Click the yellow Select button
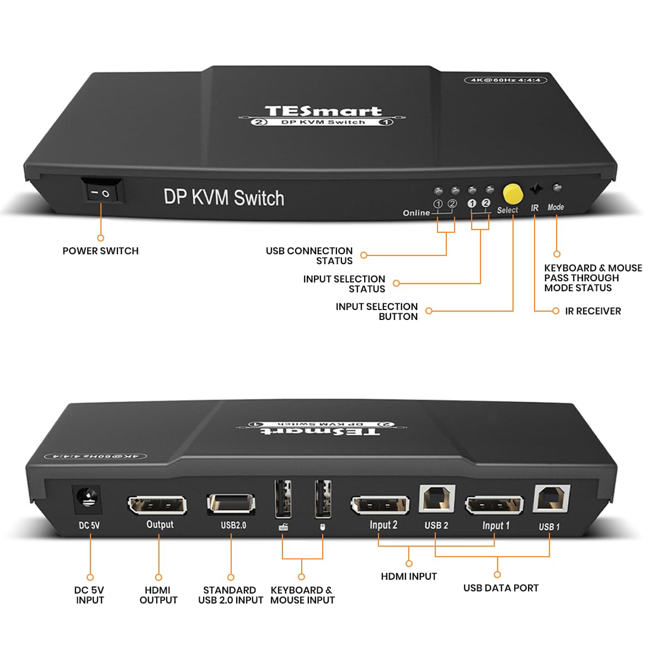click(x=512, y=194)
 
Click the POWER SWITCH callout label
click(x=100, y=251)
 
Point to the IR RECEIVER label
click(x=592, y=311)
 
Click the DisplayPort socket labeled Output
click(x=157, y=505)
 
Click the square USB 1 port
click(x=551, y=500)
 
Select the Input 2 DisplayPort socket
click(x=380, y=505)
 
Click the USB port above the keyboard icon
click(x=282, y=499)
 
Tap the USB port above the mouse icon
click(x=323, y=499)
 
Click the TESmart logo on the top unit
click(x=323, y=111)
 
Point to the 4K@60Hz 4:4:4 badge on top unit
click(x=505, y=80)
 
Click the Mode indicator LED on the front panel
click(x=557, y=189)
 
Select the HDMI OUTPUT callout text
click(x=158, y=595)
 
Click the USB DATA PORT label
click(x=501, y=588)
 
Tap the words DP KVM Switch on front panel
click(x=224, y=197)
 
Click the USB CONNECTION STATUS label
click(x=309, y=255)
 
